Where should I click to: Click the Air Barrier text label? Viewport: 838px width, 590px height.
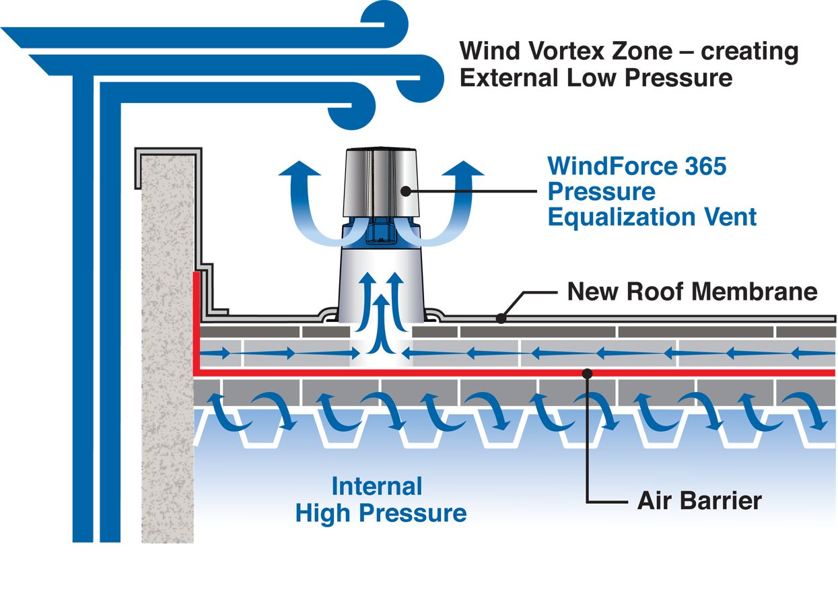pos(699,501)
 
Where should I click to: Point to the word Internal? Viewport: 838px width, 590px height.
pos(377,486)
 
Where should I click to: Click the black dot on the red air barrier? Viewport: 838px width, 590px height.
pos(588,372)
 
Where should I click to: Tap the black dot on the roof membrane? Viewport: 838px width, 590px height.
pos(500,318)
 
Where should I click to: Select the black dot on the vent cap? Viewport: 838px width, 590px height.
pos(405,191)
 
